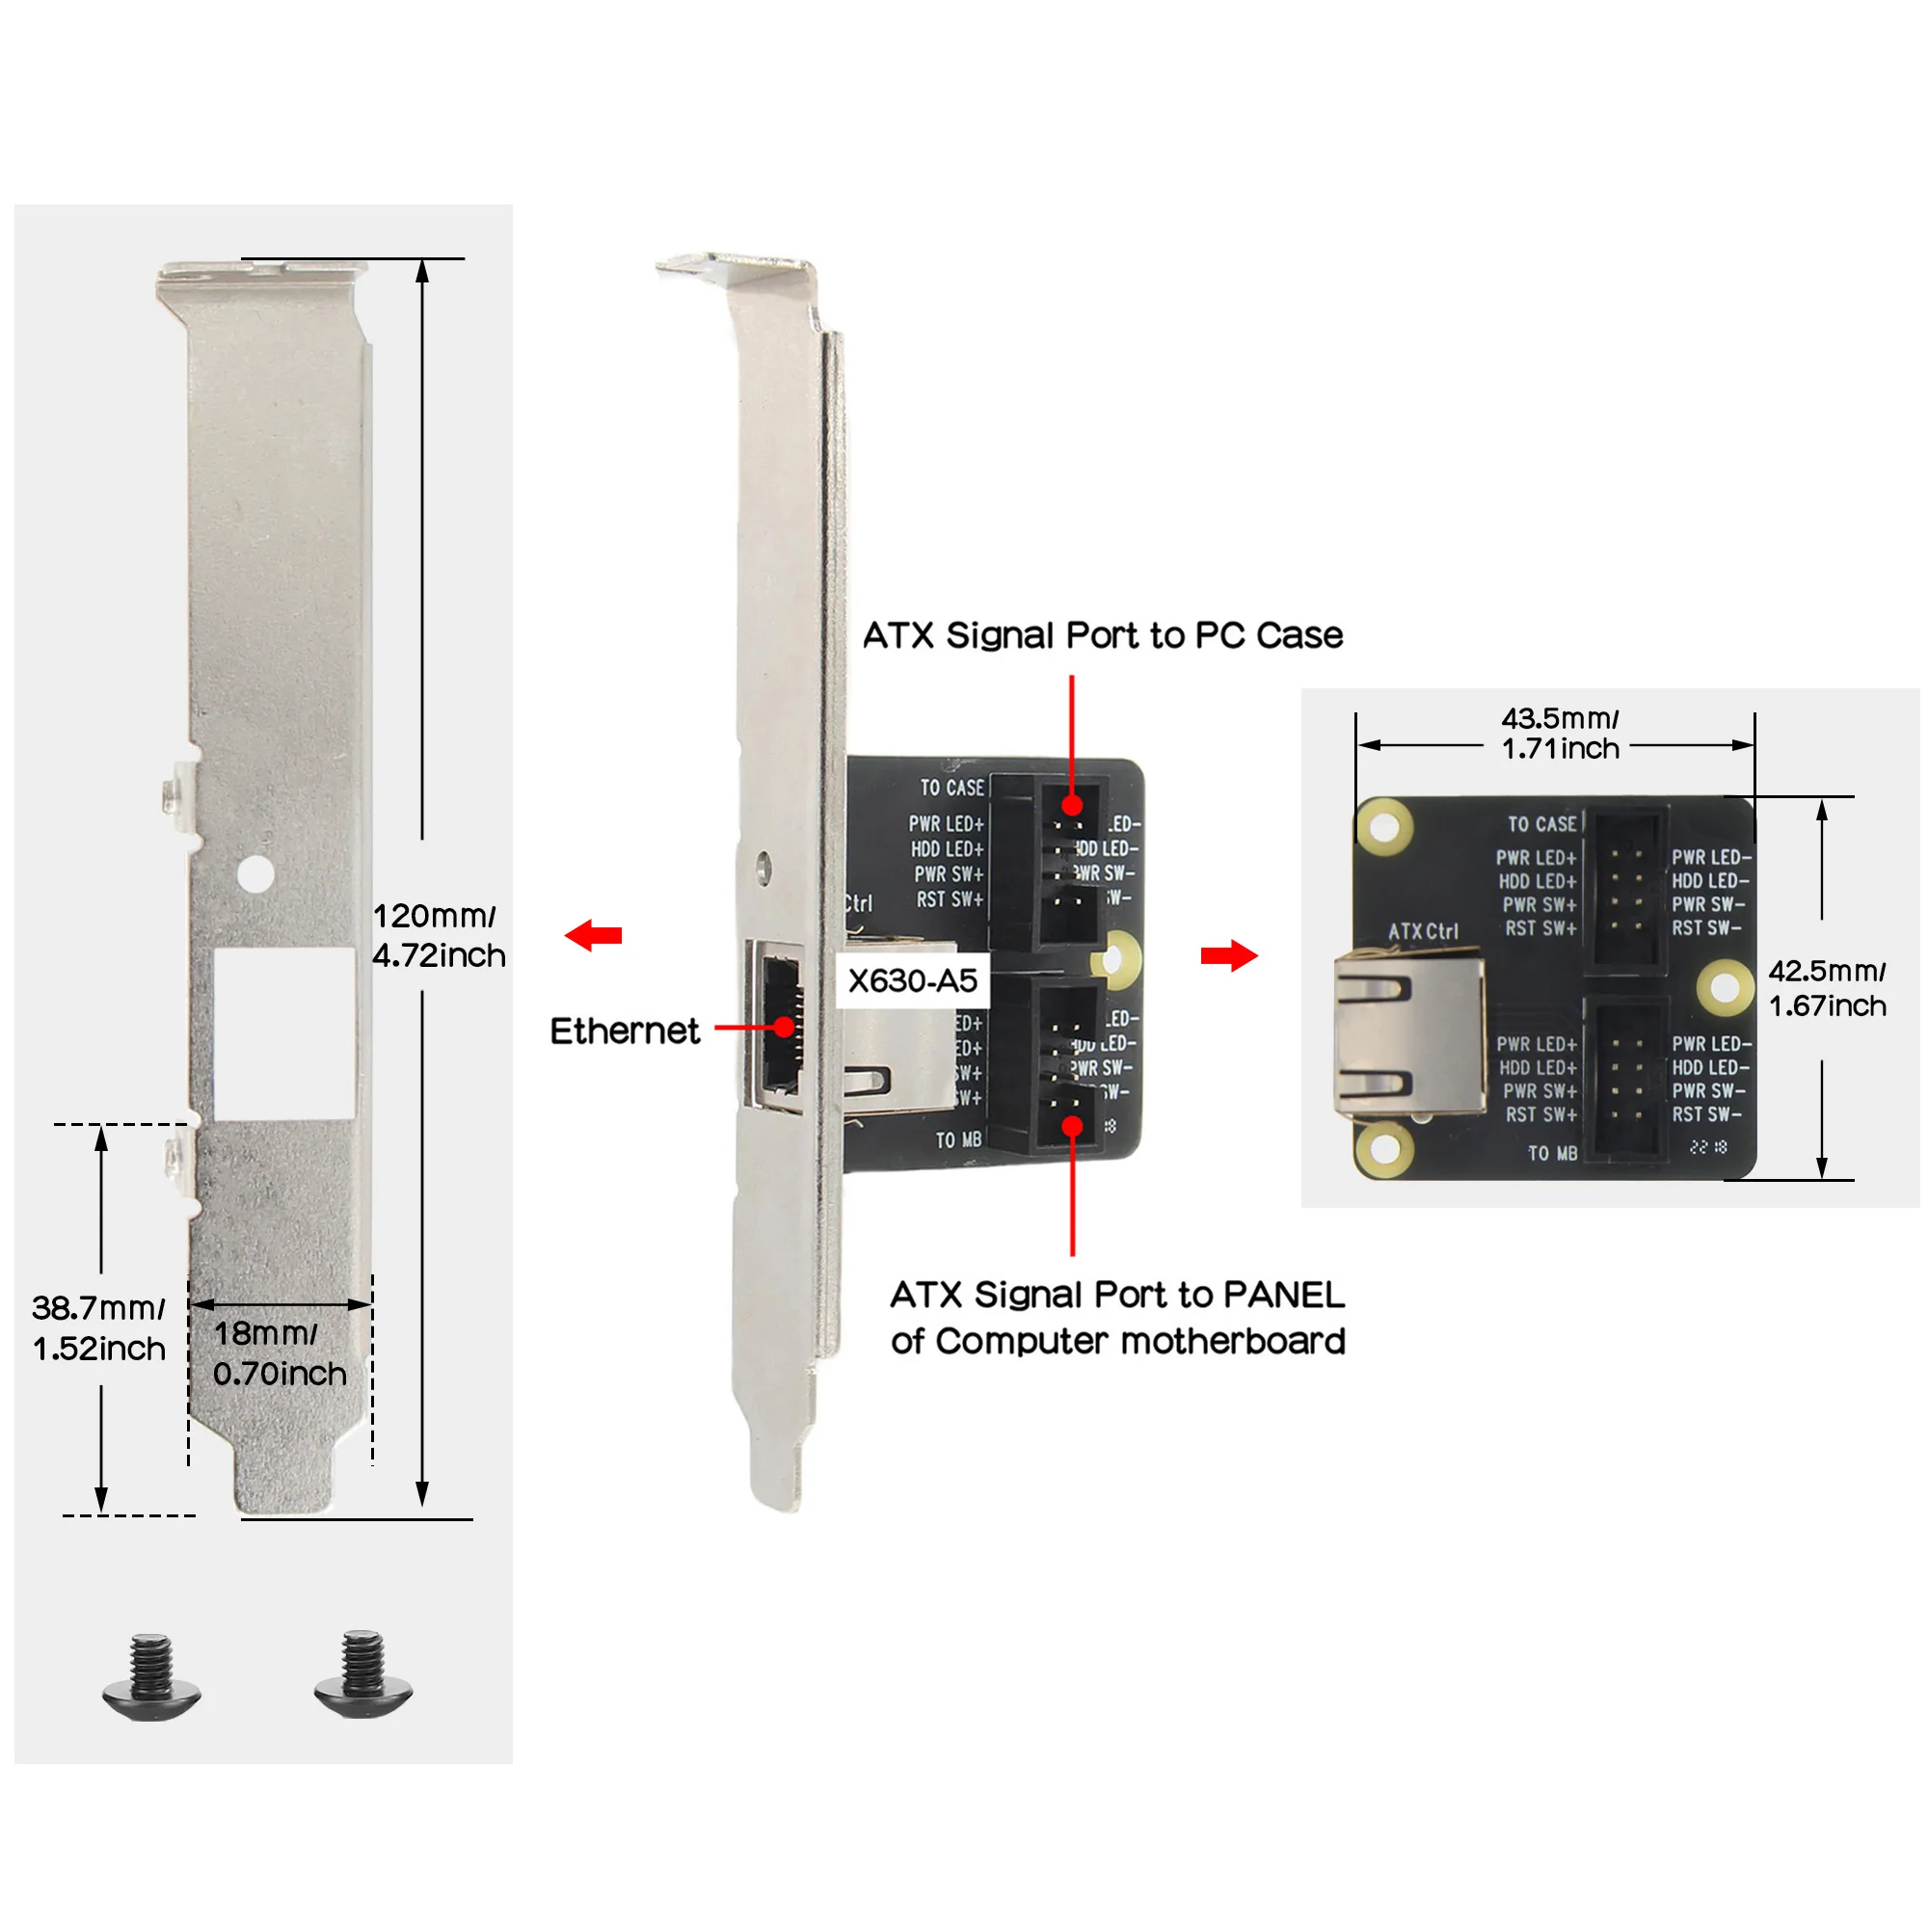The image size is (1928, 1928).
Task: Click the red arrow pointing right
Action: pyautogui.click(x=1229, y=956)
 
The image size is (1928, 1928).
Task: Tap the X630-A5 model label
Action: pyautogui.click(x=912, y=981)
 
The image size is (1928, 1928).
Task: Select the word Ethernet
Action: pyautogui.click(x=625, y=1031)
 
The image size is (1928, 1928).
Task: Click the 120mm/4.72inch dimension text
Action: pyautogui.click(x=438, y=936)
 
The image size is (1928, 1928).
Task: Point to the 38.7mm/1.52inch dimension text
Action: pyautogui.click(x=98, y=1328)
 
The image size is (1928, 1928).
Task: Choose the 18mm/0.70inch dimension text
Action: pyautogui.click(x=280, y=1354)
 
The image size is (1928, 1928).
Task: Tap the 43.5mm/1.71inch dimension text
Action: pyautogui.click(x=1560, y=734)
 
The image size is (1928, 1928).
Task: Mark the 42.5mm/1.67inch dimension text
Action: pyautogui.click(x=1827, y=988)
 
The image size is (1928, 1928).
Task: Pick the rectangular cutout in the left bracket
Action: pyautogui.click(x=285, y=1032)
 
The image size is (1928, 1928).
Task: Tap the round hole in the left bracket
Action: pyautogui.click(x=255, y=874)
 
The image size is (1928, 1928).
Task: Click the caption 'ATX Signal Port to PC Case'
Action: pyautogui.click(x=1103, y=635)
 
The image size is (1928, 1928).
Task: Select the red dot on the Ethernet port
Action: pyautogui.click(x=786, y=1026)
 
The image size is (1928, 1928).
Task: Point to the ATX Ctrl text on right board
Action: pyautogui.click(x=1423, y=932)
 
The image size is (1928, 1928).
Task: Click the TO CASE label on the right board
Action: pyautogui.click(x=1541, y=824)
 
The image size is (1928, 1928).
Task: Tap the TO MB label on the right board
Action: pyautogui.click(x=1553, y=1154)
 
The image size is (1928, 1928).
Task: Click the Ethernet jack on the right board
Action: pyautogui.click(x=1407, y=1038)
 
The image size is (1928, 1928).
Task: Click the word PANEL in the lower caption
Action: pyautogui.click(x=1283, y=1296)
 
